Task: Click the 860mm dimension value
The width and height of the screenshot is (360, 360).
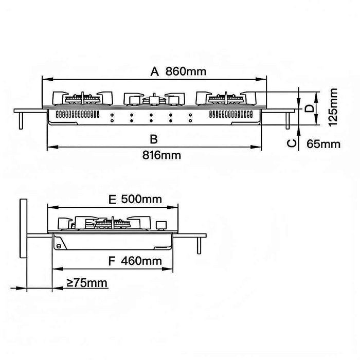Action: point(186,71)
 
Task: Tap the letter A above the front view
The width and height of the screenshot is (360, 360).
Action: point(154,71)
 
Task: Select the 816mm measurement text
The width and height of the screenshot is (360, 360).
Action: point(161,155)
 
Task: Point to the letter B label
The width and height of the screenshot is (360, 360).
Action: point(154,139)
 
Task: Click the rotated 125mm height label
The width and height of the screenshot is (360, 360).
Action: point(333,107)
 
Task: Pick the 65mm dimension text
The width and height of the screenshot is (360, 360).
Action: point(323,144)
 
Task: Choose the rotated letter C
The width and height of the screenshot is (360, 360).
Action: point(292,143)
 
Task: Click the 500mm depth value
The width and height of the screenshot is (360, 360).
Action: point(141,199)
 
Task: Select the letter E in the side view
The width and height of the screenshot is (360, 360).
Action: point(112,200)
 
